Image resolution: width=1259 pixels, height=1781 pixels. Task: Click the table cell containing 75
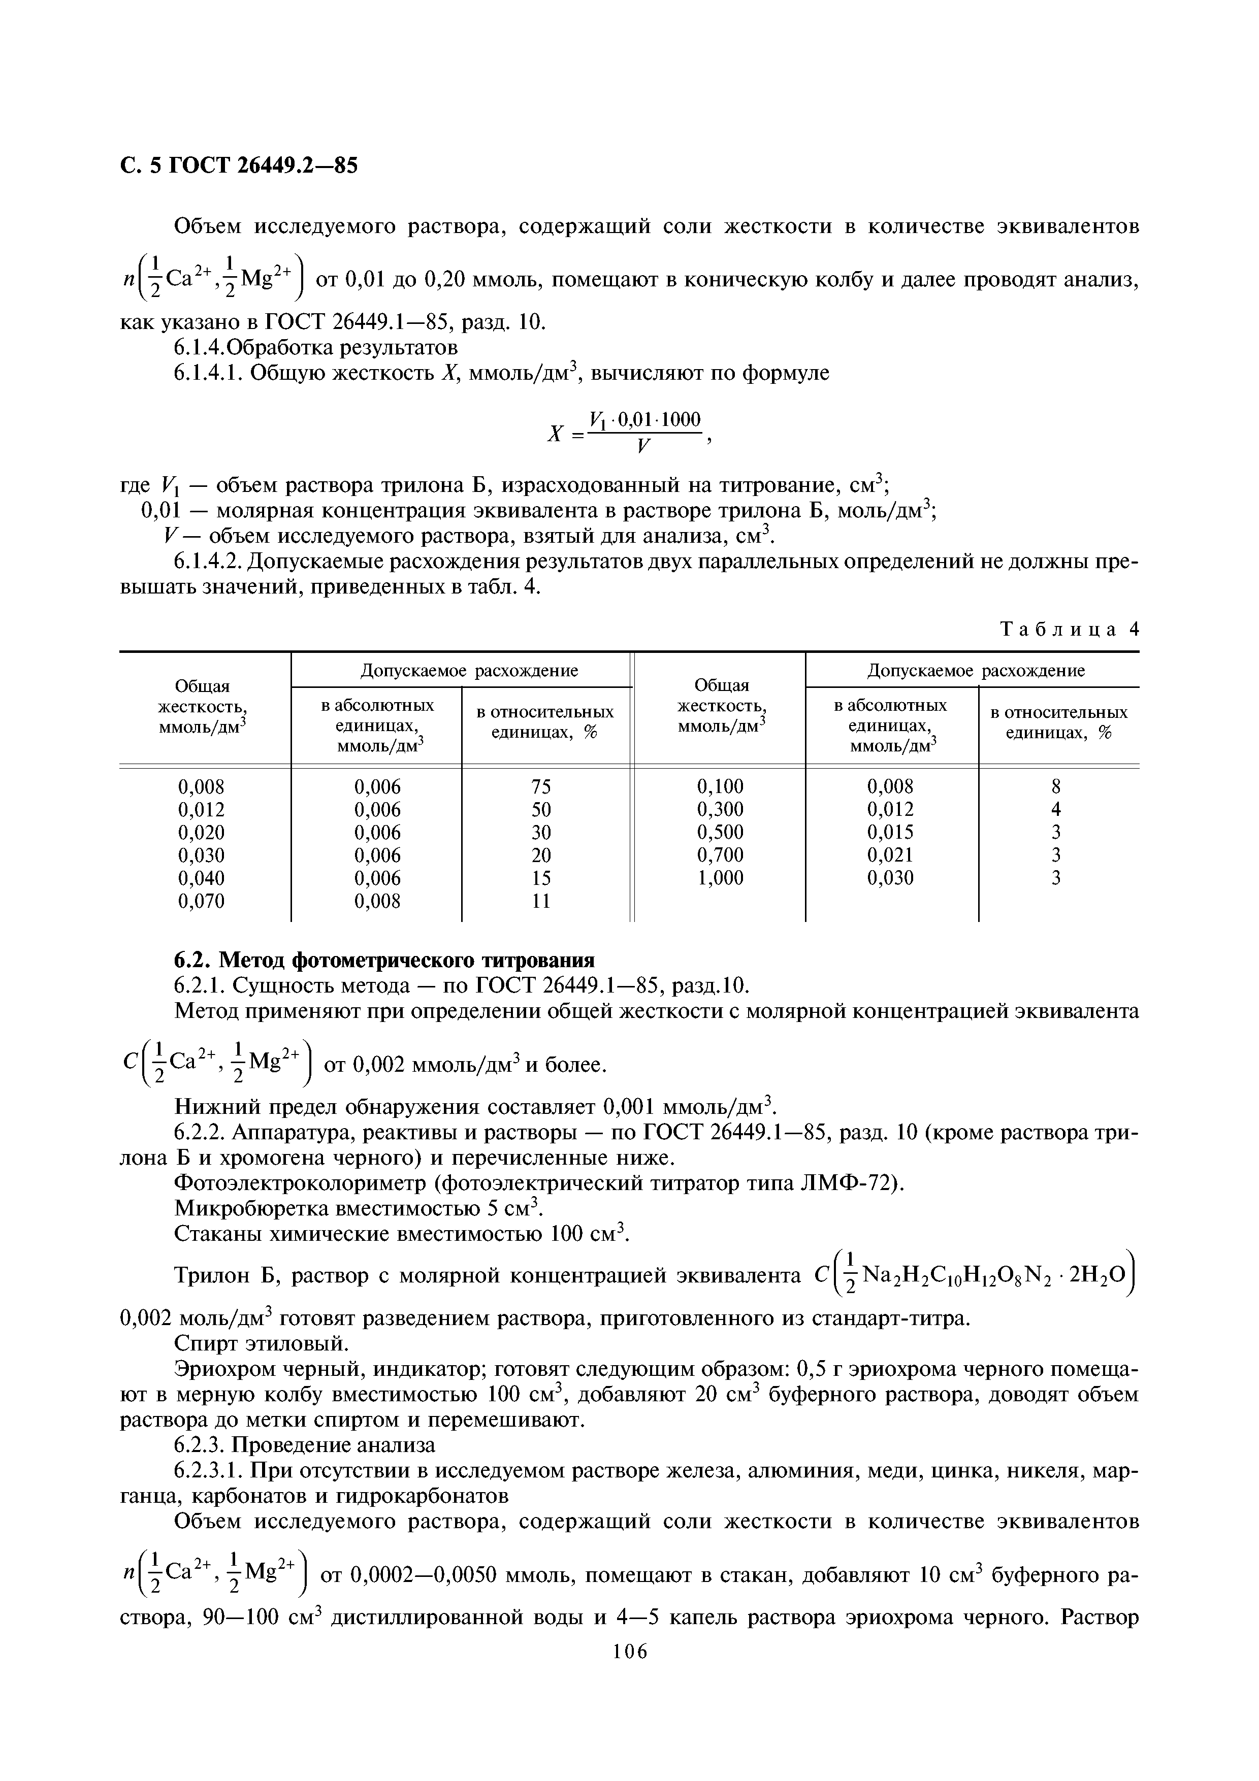click(541, 786)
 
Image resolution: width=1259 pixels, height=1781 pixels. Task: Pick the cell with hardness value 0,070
click(201, 901)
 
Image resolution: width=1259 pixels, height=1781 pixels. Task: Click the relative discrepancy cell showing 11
click(541, 901)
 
